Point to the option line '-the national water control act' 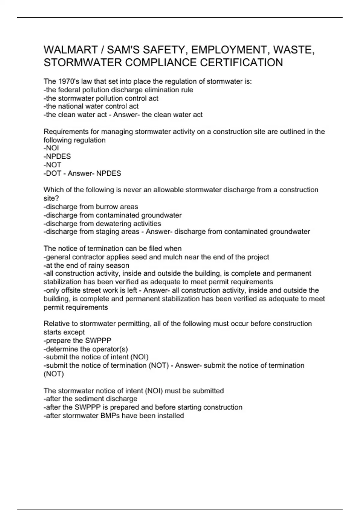pyautogui.click(x=91, y=106)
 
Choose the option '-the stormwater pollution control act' pyautogui.click(x=101, y=98)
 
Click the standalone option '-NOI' pyautogui.click(x=51, y=148)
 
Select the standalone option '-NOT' pyautogui.click(x=52, y=165)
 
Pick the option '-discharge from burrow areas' pyautogui.click(x=91, y=207)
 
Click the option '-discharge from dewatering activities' pyautogui.click(x=102, y=223)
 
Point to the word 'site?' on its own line pyautogui.click(x=51, y=198)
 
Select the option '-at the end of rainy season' pyautogui.click(x=86, y=265)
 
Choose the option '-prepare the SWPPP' pyautogui.click(x=77, y=340)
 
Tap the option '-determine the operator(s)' pyautogui.click(x=86, y=349)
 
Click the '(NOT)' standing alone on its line pyautogui.click(x=54, y=374)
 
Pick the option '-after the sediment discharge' pyautogui.click(x=91, y=399)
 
